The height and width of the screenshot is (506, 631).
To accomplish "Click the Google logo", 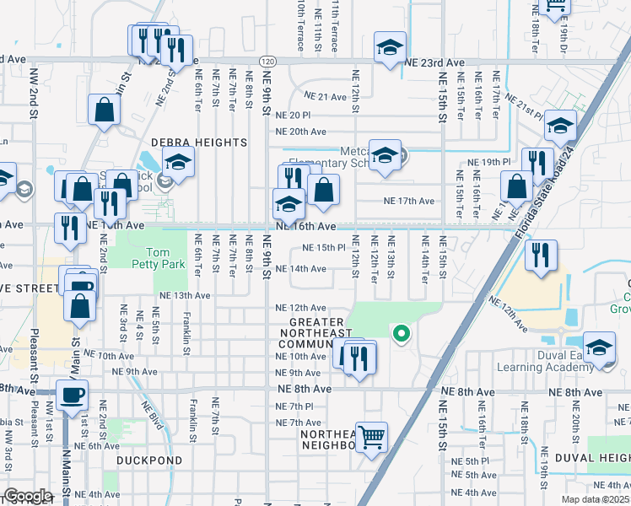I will (x=28, y=496).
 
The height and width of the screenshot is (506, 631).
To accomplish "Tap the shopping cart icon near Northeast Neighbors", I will (x=372, y=438).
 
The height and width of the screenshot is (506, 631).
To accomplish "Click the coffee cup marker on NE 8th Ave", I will (x=72, y=395).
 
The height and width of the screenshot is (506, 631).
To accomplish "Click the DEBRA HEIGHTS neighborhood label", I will (x=199, y=143).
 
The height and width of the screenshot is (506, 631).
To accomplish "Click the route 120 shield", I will (x=267, y=62).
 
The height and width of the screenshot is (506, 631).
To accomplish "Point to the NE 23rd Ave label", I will (x=434, y=63).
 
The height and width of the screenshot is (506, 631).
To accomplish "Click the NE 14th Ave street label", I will (x=300, y=269).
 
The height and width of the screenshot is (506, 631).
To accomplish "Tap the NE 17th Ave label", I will (x=408, y=201).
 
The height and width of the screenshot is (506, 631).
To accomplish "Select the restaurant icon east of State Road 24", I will (x=541, y=255).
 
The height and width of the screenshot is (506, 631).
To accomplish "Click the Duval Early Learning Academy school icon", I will (x=599, y=348).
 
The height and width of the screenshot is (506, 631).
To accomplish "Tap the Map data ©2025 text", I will (x=596, y=499).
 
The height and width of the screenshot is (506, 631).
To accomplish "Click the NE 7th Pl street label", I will (x=294, y=406).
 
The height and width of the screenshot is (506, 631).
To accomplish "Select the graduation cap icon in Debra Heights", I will (x=178, y=162).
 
